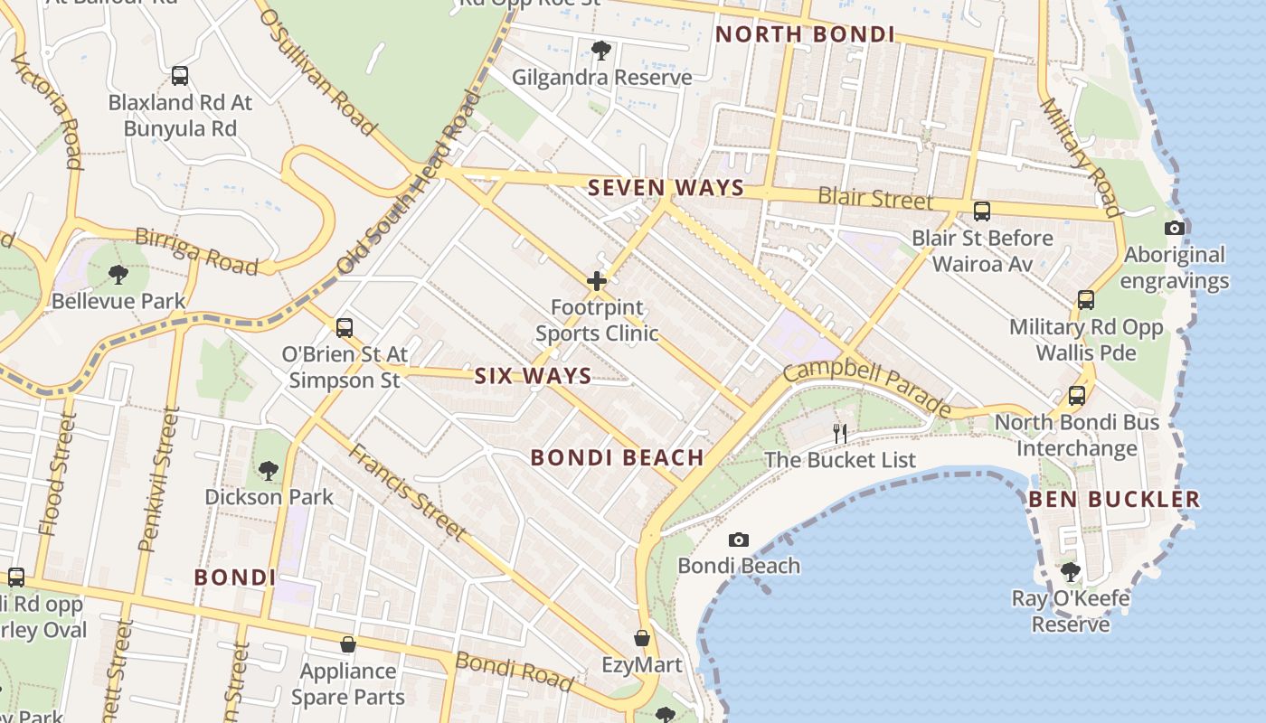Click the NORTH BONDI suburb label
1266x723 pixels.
tap(805, 35)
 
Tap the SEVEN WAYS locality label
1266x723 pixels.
tap(666, 188)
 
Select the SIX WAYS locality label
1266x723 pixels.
tap(533, 376)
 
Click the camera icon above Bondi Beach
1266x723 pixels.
tap(739, 540)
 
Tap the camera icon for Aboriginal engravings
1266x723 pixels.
tap(1175, 228)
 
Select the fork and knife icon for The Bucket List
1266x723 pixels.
tap(840, 434)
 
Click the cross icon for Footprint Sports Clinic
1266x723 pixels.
tap(597, 281)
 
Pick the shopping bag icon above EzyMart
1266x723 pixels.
tap(642, 638)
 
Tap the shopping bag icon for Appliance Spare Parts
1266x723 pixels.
tap(347, 644)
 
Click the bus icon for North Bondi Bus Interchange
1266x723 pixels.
tap(1076, 396)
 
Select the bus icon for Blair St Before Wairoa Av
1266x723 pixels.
tap(982, 211)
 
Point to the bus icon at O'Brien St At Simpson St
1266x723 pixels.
tap(344, 328)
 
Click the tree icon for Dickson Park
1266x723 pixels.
tap(268, 470)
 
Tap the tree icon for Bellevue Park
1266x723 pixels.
tap(118, 274)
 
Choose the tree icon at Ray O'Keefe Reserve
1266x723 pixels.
tap(1071, 571)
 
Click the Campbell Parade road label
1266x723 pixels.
tap(867, 390)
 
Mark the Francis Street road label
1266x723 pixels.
tap(408, 492)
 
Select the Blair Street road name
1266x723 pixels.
tap(874, 198)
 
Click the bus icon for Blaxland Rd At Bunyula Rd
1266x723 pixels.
tap(180, 76)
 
